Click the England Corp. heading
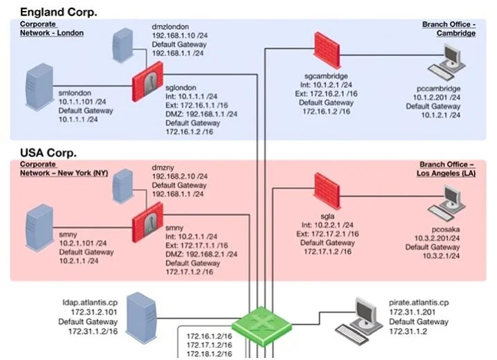click(58, 12)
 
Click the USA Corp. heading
click(48, 153)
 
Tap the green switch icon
click(262, 326)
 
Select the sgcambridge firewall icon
click(327, 50)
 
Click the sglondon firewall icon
click(147, 82)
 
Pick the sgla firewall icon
click(327, 191)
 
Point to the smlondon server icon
click(39, 87)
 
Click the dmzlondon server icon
click(123, 45)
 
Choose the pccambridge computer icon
click(447, 62)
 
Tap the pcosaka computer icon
click(447, 203)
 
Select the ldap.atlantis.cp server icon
click(141, 318)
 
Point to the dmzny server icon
click(123, 186)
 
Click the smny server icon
click(39, 228)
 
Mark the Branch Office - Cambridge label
click(449, 29)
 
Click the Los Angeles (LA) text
click(446, 173)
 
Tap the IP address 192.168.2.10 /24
click(180, 177)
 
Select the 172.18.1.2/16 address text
click(209, 354)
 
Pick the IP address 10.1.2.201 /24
click(437, 98)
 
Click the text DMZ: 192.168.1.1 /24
click(201, 114)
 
